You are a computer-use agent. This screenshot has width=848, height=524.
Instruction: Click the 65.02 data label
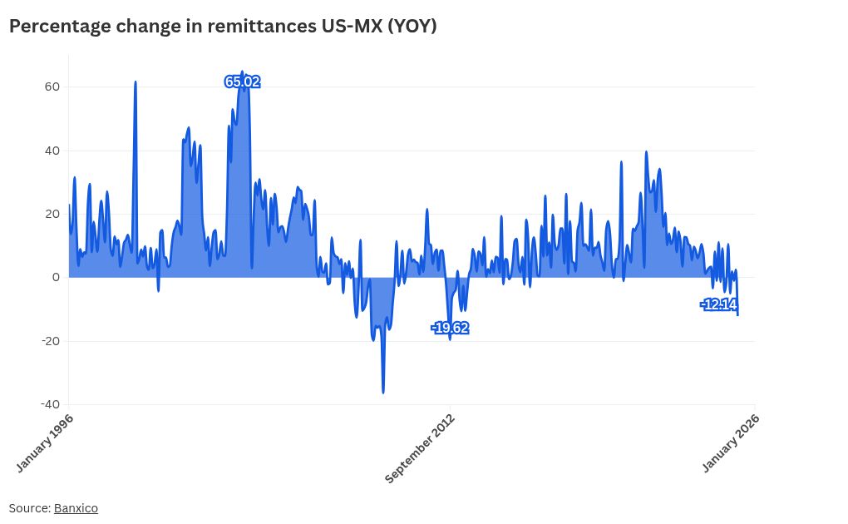(242, 82)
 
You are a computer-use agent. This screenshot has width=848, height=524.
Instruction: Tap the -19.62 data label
(450, 329)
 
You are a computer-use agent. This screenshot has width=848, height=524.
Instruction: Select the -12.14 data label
(718, 304)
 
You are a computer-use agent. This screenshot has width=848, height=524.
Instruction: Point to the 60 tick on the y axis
(52, 87)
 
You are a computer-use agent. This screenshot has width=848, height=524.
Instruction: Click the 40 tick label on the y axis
(52, 151)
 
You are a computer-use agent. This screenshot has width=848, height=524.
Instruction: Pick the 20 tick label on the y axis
(52, 214)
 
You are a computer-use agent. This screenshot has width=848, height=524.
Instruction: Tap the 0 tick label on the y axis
(56, 277)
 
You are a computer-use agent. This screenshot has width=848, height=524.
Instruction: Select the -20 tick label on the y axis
(51, 341)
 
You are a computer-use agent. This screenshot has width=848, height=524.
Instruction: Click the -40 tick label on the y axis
(51, 404)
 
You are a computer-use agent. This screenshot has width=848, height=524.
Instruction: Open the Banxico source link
(76, 508)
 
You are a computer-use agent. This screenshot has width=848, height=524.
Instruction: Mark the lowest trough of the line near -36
(383, 392)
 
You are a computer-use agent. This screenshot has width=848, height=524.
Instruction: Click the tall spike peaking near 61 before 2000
(136, 83)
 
